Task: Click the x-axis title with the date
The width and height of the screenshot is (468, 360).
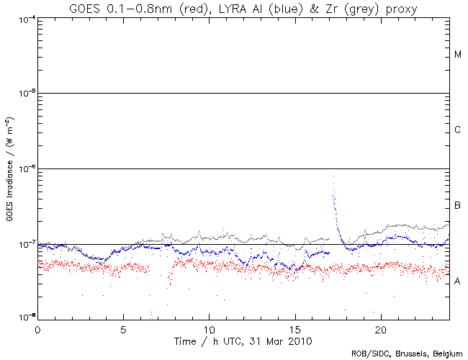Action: pos(243,339)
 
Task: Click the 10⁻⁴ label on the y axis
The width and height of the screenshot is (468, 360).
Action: pos(23,18)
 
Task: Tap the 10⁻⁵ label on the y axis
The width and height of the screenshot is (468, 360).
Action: pos(23,94)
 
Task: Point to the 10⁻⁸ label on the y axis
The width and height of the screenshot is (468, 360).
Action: pos(23,317)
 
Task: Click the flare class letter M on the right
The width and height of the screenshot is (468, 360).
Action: pos(458,55)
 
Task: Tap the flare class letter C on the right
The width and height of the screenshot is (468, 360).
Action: pos(458,130)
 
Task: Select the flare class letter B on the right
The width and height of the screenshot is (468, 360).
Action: pos(458,206)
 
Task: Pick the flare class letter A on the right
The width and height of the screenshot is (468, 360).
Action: pos(458,281)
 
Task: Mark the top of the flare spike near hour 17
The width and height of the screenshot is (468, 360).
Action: pos(333,176)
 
